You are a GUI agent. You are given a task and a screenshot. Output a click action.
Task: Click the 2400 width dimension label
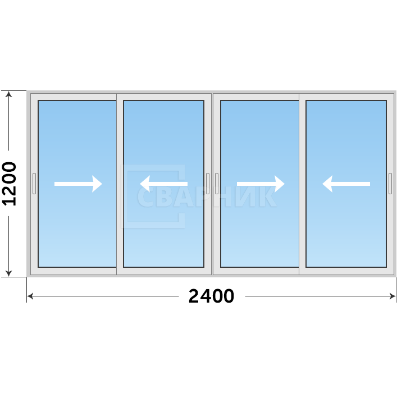tap(211, 296)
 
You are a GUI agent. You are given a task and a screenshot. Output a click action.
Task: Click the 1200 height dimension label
tap(9, 184)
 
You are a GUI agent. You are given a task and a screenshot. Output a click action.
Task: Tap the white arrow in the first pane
tap(78, 184)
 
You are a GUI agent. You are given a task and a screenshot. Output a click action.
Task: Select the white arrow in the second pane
tap(164, 184)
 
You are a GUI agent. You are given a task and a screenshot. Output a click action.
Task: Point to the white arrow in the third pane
tap(261, 184)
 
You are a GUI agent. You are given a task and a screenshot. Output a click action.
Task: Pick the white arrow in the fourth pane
tap(346, 184)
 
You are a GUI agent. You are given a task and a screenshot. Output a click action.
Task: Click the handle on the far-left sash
tap(34, 184)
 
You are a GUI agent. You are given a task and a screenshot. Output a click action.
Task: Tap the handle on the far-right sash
tap(390, 184)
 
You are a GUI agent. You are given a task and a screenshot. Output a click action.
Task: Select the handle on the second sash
tap(208, 184)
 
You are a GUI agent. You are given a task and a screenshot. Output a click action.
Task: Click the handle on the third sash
tap(217, 184)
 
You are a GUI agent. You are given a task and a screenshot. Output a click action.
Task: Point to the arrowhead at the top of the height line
tap(9, 94)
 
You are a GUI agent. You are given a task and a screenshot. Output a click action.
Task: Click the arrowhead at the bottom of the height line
tap(9, 273)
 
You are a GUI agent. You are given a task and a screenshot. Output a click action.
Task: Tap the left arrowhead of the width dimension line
tap(30, 296)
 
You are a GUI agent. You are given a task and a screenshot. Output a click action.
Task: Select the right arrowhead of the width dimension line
tap(393, 296)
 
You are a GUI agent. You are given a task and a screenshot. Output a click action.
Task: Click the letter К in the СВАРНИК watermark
tap(268, 197)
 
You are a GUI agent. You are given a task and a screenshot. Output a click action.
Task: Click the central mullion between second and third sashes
tap(212, 184)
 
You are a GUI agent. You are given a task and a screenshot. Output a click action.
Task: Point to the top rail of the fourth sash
tap(346, 97)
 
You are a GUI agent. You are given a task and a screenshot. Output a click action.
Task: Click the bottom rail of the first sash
tap(74, 271)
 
